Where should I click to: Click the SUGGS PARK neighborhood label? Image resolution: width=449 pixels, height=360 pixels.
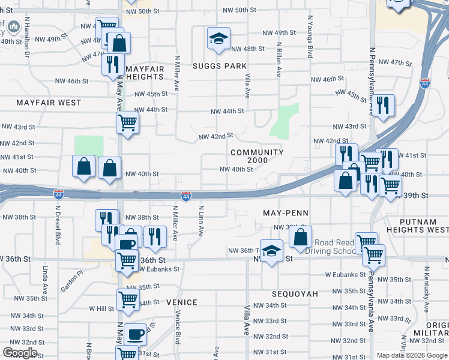[x=220, y=66]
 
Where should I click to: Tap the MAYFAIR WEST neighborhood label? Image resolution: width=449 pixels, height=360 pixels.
[x=49, y=103]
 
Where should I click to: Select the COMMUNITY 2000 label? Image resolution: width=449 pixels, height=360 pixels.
[x=257, y=157]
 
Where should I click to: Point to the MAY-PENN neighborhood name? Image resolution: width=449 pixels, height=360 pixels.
[x=286, y=213]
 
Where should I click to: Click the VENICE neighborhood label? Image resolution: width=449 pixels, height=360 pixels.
[x=182, y=302]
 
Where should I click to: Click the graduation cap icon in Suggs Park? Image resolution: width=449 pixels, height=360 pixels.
[x=218, y=40]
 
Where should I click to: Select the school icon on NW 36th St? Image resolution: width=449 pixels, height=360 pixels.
[x=271, y=251]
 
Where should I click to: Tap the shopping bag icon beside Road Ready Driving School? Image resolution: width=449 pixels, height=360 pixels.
[x=301, y=238]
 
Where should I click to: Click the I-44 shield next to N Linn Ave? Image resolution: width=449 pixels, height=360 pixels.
[x=186, y=196]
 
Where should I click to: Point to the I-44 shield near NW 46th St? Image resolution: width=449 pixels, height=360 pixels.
[x=425, y=84]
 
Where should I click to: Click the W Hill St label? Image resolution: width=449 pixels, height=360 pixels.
[x=101, y=308]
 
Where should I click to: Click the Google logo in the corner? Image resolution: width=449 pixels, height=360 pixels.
[x=20, y=353]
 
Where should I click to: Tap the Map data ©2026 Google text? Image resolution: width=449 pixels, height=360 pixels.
[x=412, y=355]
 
